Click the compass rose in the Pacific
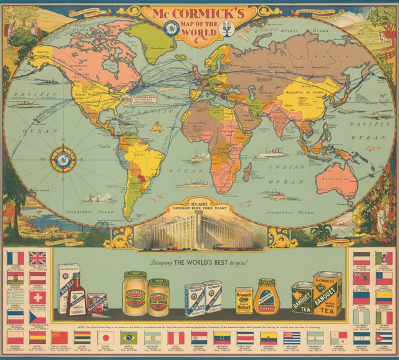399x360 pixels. click(63, 159)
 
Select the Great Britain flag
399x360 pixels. click(37, 258)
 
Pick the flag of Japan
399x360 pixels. click(106, 337)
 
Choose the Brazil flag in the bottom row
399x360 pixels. click(129, 337)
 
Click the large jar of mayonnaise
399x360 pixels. click(135, 293)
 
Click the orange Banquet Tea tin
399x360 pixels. click(327, 293)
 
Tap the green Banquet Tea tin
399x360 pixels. click(302, 297)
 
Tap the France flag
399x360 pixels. click(16, 258)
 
